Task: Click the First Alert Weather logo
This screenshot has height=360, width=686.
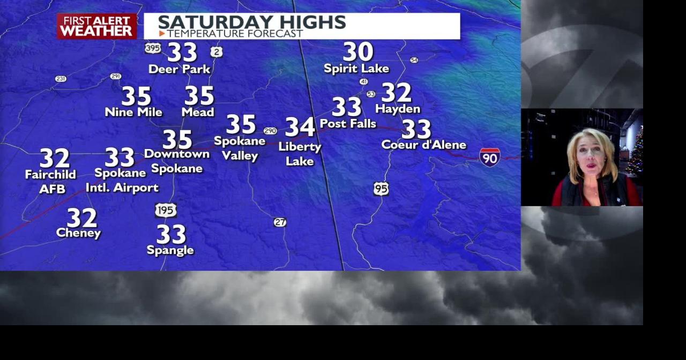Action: (96, 26)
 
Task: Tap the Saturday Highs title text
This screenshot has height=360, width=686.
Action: (251, 22)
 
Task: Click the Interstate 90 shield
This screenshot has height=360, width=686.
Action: (489, 157)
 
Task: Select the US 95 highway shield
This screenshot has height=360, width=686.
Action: (381, 189)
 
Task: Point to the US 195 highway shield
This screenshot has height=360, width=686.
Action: (166, 210)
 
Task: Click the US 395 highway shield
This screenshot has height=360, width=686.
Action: (153, 48)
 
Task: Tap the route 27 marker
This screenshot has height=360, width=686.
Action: (280, 222)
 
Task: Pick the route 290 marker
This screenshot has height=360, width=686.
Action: (270, 131)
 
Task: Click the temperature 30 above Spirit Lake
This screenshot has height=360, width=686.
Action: (358, 52)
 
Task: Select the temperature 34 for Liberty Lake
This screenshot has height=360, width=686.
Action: (300, 127)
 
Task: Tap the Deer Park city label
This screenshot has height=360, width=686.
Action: (179, 69)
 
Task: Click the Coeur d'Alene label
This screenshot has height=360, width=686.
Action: (423, 145)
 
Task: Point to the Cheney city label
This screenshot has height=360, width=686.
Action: (78, 233)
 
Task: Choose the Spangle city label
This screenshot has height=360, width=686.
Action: (170, 250)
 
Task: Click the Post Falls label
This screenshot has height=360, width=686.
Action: (348, 124)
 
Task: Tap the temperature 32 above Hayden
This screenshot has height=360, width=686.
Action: (396, 93)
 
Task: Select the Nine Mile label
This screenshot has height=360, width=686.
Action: (133, 112)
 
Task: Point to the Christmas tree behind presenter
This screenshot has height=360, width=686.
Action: (636, 150)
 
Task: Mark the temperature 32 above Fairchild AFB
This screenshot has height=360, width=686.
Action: (55, 159)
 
